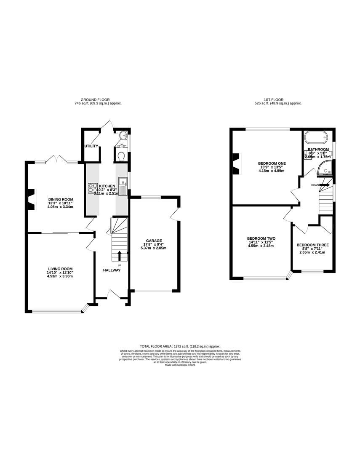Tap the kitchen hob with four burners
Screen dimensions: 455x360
92,188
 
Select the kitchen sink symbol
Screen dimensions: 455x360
123,186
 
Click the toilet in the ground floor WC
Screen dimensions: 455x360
121,157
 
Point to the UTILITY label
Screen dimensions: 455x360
91,146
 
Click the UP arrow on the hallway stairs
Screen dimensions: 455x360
119,255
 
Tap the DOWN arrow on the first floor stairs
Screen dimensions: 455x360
325,185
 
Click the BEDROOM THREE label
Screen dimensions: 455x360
313,245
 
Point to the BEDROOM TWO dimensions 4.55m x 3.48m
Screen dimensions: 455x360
261,246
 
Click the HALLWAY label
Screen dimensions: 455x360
112,270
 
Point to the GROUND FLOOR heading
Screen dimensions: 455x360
95,100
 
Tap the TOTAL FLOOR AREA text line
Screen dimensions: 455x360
180,346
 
